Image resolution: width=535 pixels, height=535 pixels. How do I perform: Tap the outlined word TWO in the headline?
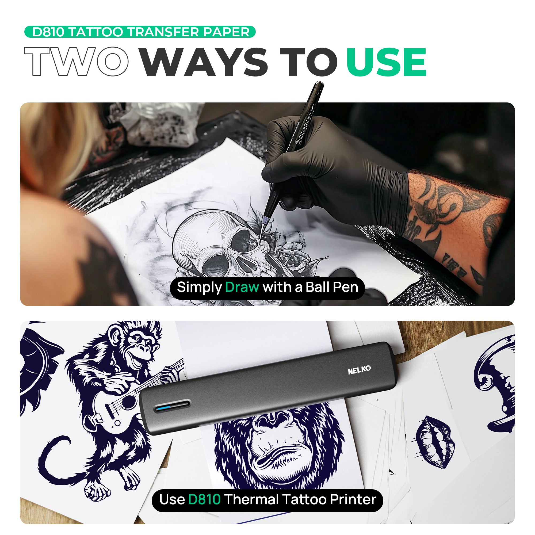[x=76, y=62]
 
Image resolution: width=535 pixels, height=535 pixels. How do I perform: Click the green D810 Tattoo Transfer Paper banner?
[x=140, y=32]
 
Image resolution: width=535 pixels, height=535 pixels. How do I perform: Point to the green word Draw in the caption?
[x=242, y=287]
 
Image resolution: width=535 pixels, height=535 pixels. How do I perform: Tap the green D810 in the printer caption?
[x=204, y=499]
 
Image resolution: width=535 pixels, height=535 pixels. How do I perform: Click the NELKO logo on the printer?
[x=359, y=370]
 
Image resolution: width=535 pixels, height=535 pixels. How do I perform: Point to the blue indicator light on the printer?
[x=163, y=408]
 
